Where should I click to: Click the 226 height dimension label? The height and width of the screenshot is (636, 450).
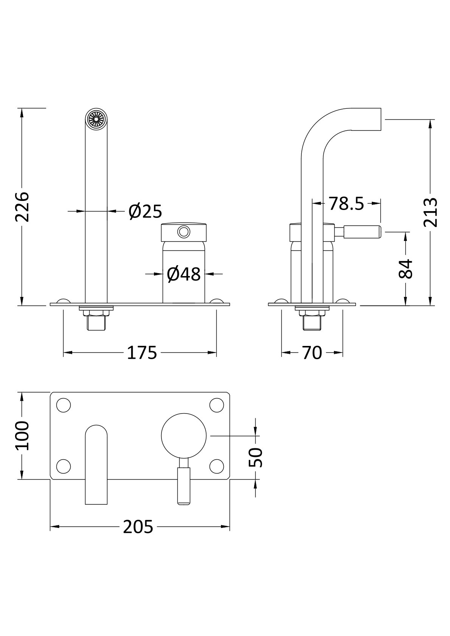(22, 207)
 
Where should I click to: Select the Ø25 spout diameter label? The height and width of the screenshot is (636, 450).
(145, 211)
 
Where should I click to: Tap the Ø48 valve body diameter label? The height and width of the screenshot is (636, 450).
(184, 274)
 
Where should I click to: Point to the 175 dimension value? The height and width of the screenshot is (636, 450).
(141, 353)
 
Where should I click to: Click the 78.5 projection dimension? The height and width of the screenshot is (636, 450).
(346, 204)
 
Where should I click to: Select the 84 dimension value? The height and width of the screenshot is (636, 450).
(406, 269)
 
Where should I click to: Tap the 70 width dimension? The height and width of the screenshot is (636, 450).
(312, 353)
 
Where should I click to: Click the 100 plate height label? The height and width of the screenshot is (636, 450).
(22, 435)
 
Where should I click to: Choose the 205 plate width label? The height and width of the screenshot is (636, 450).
(138, 527)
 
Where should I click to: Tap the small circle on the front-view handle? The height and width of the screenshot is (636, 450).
(184, 231)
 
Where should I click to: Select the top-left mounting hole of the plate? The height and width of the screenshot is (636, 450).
(64, 405)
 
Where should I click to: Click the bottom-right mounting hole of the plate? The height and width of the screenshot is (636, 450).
(217, 466)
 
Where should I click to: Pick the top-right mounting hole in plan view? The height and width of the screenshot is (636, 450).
(217, 405)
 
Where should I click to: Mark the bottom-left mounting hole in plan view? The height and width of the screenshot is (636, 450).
(64, 466)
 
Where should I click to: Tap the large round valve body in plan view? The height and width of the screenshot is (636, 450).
(184, 435)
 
